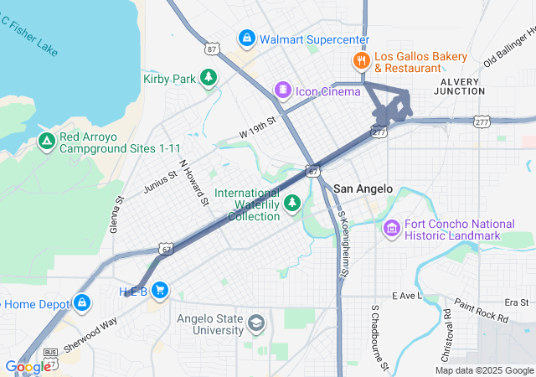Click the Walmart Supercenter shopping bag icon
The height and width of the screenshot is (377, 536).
[246, 39]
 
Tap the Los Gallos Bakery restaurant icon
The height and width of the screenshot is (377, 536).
[361, 60]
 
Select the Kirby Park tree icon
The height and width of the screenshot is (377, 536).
[208, 79]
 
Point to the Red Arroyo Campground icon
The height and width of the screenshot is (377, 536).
[47, 142]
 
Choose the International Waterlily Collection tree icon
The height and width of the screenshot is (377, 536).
[292, 203]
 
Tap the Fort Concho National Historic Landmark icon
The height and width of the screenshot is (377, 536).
[391, 228]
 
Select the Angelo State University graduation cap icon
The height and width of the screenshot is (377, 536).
[255, 323]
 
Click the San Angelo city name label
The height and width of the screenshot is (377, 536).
[363, 188]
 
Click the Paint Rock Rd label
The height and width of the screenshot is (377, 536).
[481, 311]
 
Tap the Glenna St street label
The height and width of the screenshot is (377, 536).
[118, 214]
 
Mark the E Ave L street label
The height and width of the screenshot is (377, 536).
[409, 297]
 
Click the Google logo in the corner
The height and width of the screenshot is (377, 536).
[28, 366]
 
